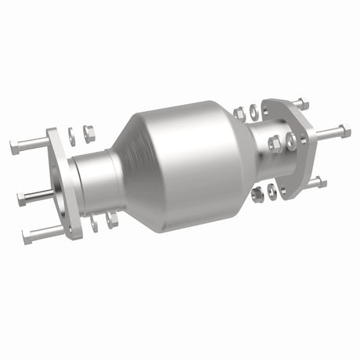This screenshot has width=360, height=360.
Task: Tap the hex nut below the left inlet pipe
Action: pos(111,220)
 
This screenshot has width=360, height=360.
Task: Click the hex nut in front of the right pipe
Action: pos(275,143)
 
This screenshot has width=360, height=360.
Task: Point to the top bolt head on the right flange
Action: pos(301,102)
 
